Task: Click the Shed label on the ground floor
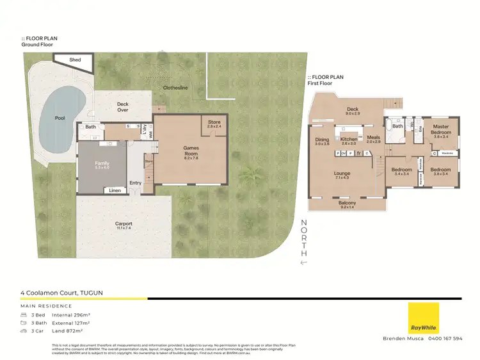[x=75, y=60]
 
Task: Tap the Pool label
[x=60, y=118]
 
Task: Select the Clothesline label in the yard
[x=175, y=87]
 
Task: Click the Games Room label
[x=191, y=151]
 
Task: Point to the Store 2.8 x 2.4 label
[x=214, y=124]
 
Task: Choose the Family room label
[x=102, y=165]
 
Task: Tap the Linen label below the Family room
[x=115, y=190]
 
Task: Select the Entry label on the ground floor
[x=136, y=183]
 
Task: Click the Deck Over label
[x=122, y=106]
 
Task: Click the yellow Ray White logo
[x=424, y=317]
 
